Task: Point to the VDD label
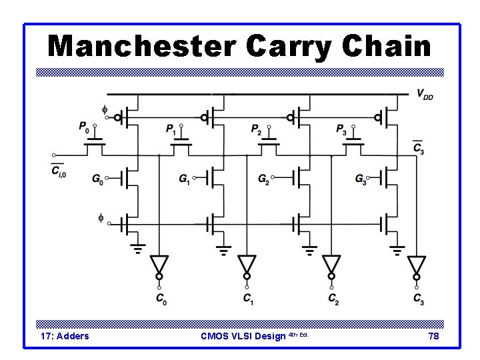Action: tap(424, 95)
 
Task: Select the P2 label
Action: tap(257, 128)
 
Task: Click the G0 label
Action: tap(97, 179)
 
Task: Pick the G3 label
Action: tap(361, 179)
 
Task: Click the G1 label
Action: tap(185, 179)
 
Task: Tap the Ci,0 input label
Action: tap(59, 172)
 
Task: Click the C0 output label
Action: tap(161, 299)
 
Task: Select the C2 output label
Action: tap(333, 299)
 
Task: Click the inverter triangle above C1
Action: tap(247, 263)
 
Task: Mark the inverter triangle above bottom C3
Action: tap(417, 263)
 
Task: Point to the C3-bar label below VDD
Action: tap(418, 149)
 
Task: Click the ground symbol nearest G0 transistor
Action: tap(137, 249)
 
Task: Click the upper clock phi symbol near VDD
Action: tap(104, 109)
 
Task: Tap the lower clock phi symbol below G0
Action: tap(102, 217)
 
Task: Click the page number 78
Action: tap(433, 336)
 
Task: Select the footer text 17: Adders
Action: tap(65, 336)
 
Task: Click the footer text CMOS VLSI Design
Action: tap(243, 336)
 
